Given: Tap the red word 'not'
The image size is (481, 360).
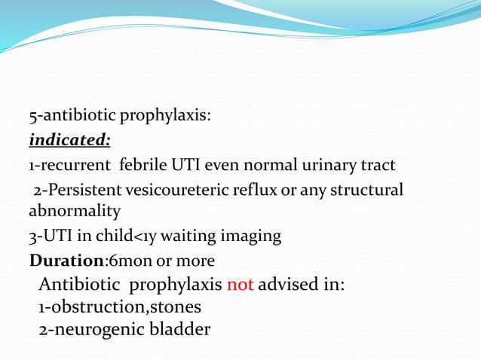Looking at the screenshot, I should click(240, 285).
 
